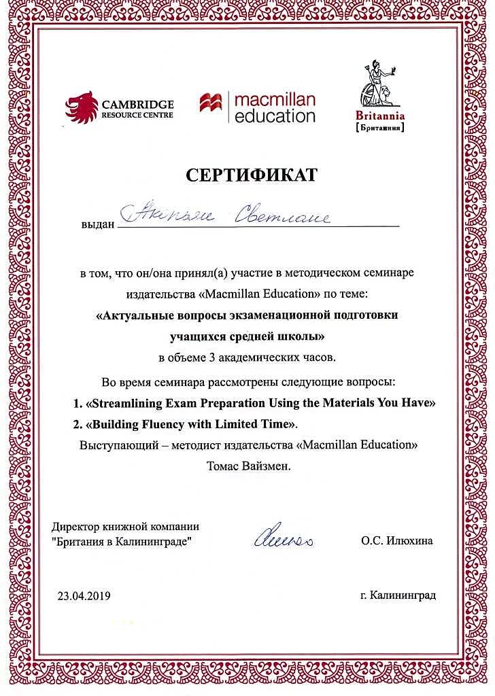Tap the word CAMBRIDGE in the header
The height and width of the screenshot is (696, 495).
137,104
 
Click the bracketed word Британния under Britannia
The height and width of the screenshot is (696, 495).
380,127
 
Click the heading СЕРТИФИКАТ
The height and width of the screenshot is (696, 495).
252,175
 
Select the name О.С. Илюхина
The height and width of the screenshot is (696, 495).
397,541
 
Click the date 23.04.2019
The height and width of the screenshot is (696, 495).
84,596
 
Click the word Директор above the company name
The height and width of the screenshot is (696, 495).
75,527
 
